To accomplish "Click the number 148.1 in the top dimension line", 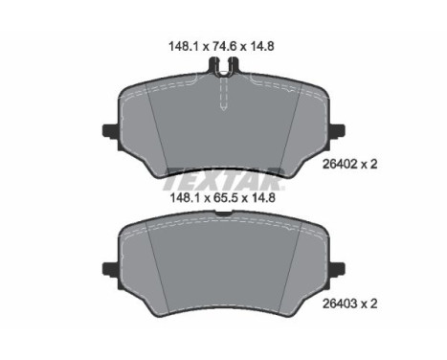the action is click(x=184, y=47).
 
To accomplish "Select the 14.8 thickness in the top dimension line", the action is click(x=261, y=47).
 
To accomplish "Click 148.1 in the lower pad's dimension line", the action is click(x=185, y=198).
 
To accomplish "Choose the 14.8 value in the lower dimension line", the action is click(x=262, y=198).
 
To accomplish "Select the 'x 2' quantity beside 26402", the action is click(x=369, y=165).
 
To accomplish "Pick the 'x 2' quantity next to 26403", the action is click(x=369, y=304).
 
